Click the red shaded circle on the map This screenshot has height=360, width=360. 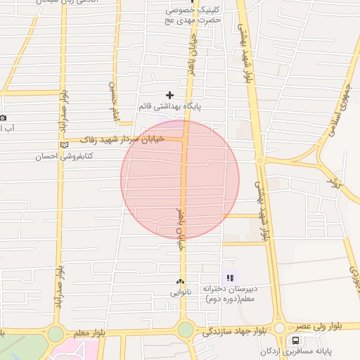point(180,179)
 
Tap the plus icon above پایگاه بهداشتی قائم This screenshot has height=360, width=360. point(169,95)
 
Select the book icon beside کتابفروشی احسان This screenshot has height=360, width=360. point(65,144)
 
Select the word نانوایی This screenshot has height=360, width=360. point(180,290)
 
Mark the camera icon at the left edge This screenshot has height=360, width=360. point(3,117)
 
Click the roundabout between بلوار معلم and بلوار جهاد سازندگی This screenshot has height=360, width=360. point(185,330)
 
